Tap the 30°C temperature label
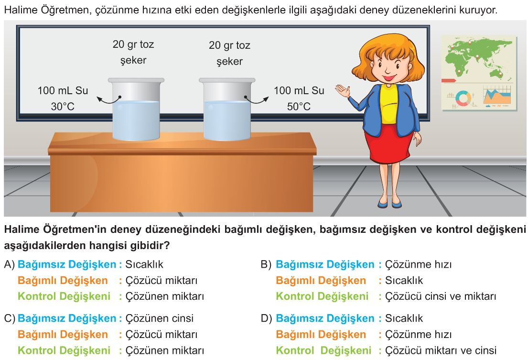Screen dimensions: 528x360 [x=63, y=107]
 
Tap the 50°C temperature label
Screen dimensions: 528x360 [x=299, y=107]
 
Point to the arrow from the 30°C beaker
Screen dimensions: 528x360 [x=108, y=100]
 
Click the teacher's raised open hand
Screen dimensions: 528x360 [x=343, y=90]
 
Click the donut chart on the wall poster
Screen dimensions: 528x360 [x=463, y=98]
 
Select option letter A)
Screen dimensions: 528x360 [x=9, y=265]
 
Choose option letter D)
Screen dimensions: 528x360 [x=266, y=318]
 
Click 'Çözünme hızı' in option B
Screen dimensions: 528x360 [x=418, y=265]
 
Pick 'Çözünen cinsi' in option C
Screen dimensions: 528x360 [x=160, y=318]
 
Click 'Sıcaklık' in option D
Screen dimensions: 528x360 [x=404, y=318]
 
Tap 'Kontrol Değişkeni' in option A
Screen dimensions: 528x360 [x=64, y=296]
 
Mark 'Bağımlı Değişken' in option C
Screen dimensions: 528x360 [x=63, y=334]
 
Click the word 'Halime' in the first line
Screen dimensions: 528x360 [x=21, y=10]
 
